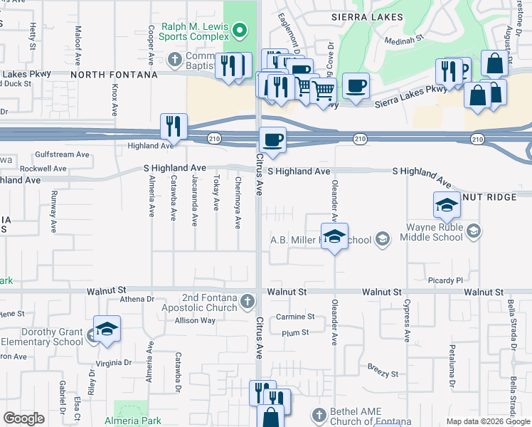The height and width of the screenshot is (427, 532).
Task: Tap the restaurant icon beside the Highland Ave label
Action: (174, 126)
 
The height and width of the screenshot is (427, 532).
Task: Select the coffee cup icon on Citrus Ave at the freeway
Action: (272, 139)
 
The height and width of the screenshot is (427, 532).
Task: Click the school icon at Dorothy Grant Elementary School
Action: (107, 330)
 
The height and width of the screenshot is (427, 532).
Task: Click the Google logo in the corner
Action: (23, 418)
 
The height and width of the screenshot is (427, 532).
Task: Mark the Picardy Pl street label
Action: (445, 280)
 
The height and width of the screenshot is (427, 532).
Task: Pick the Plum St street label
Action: (295, 332)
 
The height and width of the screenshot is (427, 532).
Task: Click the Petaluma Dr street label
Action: (451, 367)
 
